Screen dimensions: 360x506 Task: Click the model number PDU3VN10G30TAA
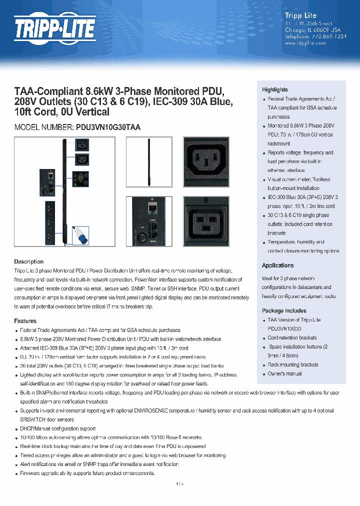[x=108, y=127]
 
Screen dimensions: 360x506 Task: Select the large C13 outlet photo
[x=206, y=161]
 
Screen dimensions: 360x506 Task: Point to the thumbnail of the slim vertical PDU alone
[x=148, y=161]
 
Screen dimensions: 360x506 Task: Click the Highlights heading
[x=275, y=89]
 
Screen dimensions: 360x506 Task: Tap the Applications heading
[x=277, y=265]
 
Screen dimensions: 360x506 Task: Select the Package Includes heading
[x=284, y=310]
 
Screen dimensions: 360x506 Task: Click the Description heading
[x=28, y=261]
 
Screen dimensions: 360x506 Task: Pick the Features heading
[x=25, y=321]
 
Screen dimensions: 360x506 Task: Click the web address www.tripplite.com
[x=305, y=43]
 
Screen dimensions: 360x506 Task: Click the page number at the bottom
[x=180, y=483]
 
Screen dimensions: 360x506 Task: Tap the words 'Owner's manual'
[x=284, y=374]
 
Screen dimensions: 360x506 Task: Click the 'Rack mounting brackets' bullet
[x=293, y=365]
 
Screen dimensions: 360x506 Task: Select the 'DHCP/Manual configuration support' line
[x=58, y=428]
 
